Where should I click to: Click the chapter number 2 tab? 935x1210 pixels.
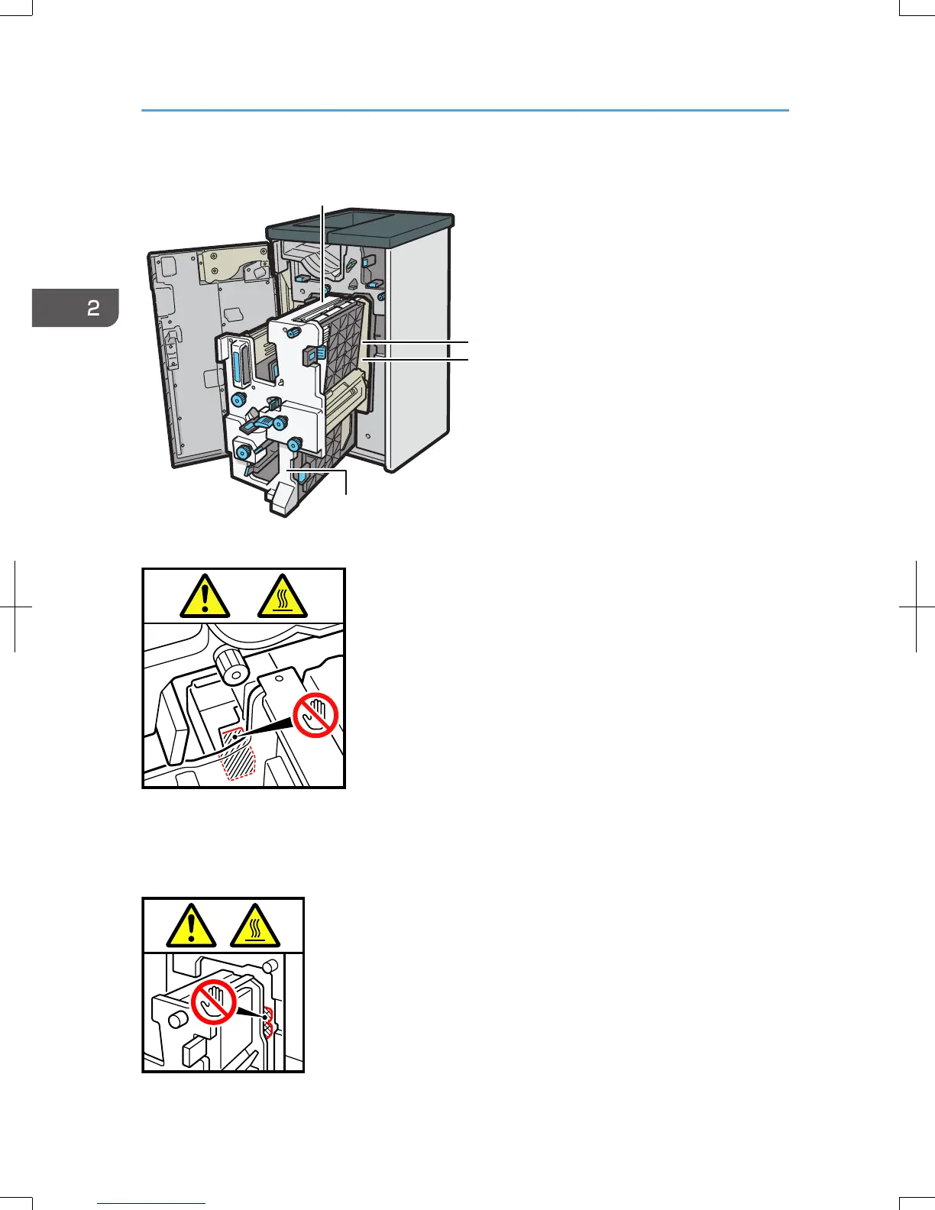(x=76, y=308)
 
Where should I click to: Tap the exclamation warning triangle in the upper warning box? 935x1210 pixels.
(x=205, y=597)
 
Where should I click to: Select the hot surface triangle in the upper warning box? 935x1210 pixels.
(x=283, y=597)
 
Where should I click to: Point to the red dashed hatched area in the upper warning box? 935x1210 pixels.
(x=238, y=756)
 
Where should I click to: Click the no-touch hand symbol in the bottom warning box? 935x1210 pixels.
(x=213, y=1001)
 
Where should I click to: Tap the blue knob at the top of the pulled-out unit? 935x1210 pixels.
(x=291, y=333)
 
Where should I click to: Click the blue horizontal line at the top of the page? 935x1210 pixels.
(x=464, y=111)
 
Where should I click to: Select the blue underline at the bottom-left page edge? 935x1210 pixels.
(x=151, y=1203)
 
